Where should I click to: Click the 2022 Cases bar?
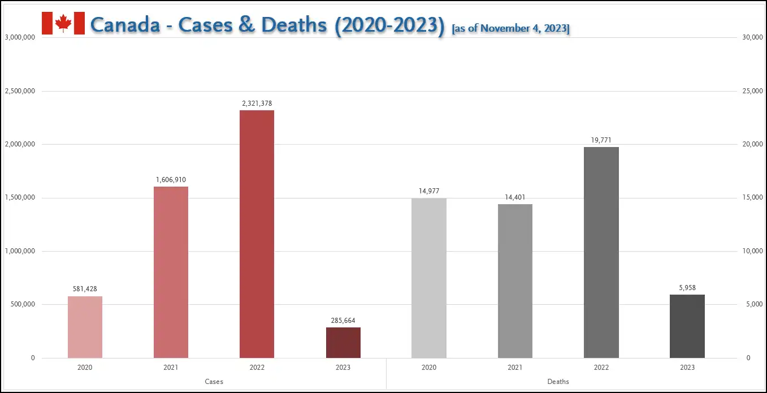click(257, 234)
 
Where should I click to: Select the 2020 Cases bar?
click(85, 327)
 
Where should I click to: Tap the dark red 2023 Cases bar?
click(343, 343)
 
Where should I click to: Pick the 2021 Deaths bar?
click(515, 281)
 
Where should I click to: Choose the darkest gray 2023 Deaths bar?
click(687, 326)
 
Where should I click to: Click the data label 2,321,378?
click(257, 103)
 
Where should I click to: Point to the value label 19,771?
click(601, 140)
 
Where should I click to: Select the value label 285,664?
click(343, 321)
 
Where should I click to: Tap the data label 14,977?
click(429, 191)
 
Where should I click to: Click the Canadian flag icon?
click(63, 23)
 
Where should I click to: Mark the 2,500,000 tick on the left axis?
click(20, 91)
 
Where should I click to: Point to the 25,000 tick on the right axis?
click(752, 91)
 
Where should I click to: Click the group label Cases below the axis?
click(214, 382)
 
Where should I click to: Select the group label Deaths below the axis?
click(558, 382)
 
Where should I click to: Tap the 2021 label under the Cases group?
click(171, 368)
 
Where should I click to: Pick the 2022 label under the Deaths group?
click(601, 368)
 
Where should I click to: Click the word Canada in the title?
click(125, 25)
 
